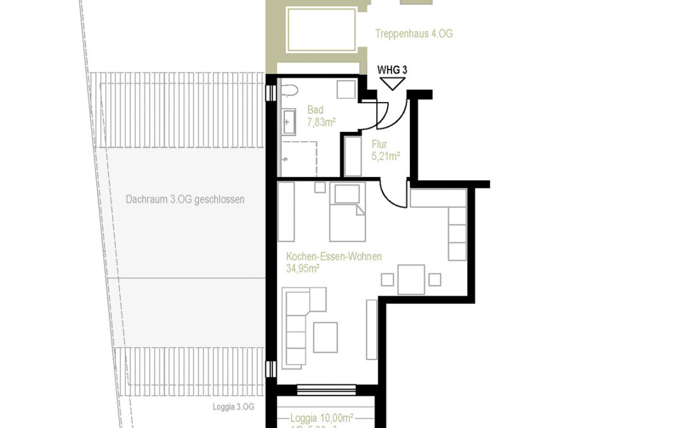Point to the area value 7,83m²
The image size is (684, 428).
[321, 122]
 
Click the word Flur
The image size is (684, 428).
[379, 144]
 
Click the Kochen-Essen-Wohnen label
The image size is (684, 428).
[333, 257]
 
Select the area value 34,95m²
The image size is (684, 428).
[303, 268]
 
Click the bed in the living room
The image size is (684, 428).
[347, 213]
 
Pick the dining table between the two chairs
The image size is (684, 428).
[411, 279]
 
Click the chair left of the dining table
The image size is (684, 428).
[387, 280]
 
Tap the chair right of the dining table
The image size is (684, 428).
[434, 280]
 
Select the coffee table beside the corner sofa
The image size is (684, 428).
[326, 337]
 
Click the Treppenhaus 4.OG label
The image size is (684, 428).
[414, 34]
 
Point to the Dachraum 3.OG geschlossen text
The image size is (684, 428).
[185, 199]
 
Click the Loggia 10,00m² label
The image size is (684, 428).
[322, 418]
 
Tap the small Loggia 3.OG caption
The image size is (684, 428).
[234, 407]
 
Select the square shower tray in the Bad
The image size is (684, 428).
[298, 159]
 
